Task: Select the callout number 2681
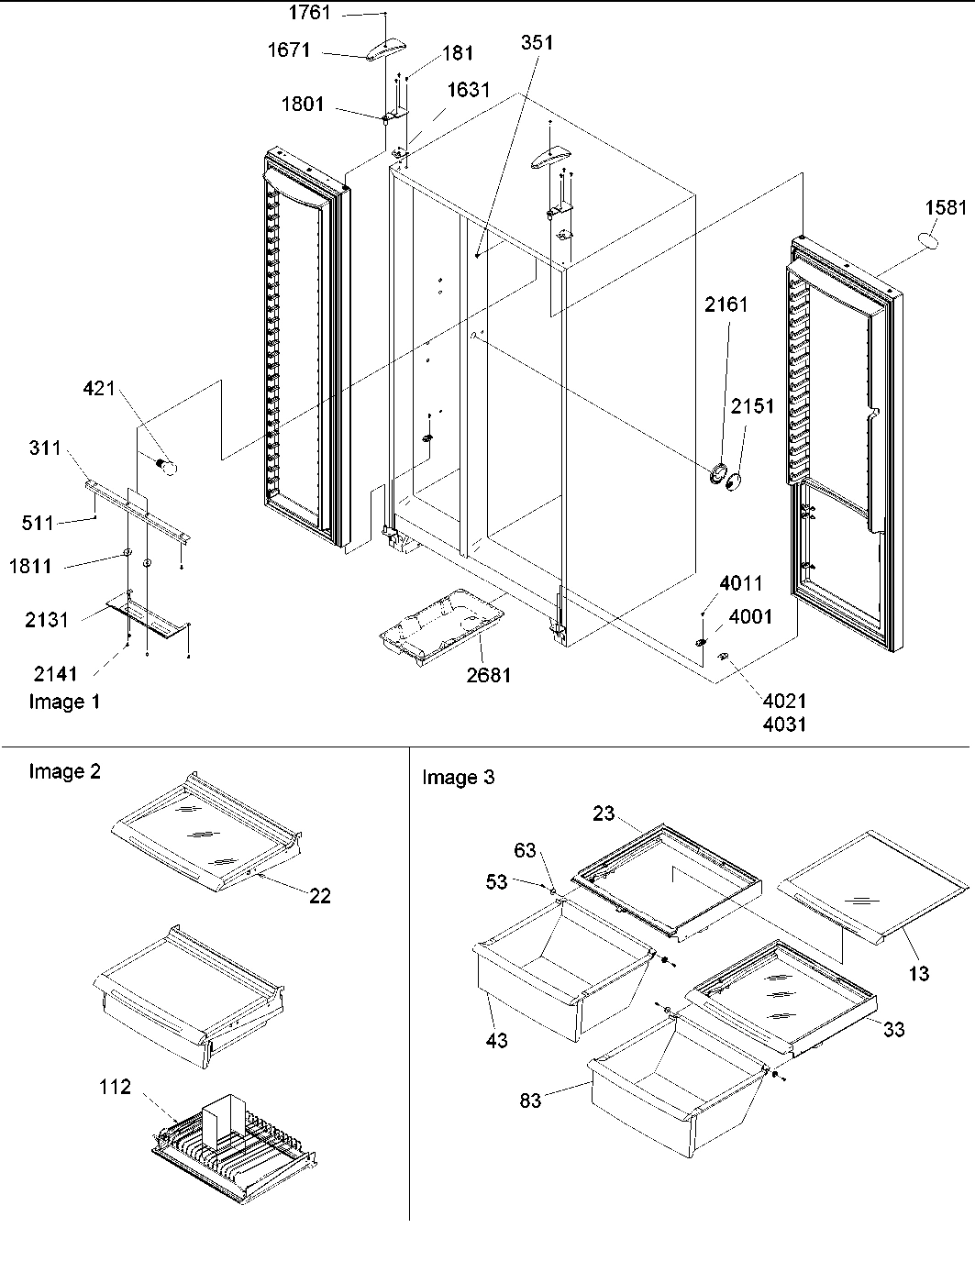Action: (488, 676)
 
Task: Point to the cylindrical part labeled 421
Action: (166, 467)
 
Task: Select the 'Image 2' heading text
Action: (64, 771)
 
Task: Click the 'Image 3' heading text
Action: (458, 778)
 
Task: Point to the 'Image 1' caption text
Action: (64, 702)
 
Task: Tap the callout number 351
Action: (537, 42)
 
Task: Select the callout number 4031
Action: (784, 725)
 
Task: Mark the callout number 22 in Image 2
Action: (319, 896)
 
